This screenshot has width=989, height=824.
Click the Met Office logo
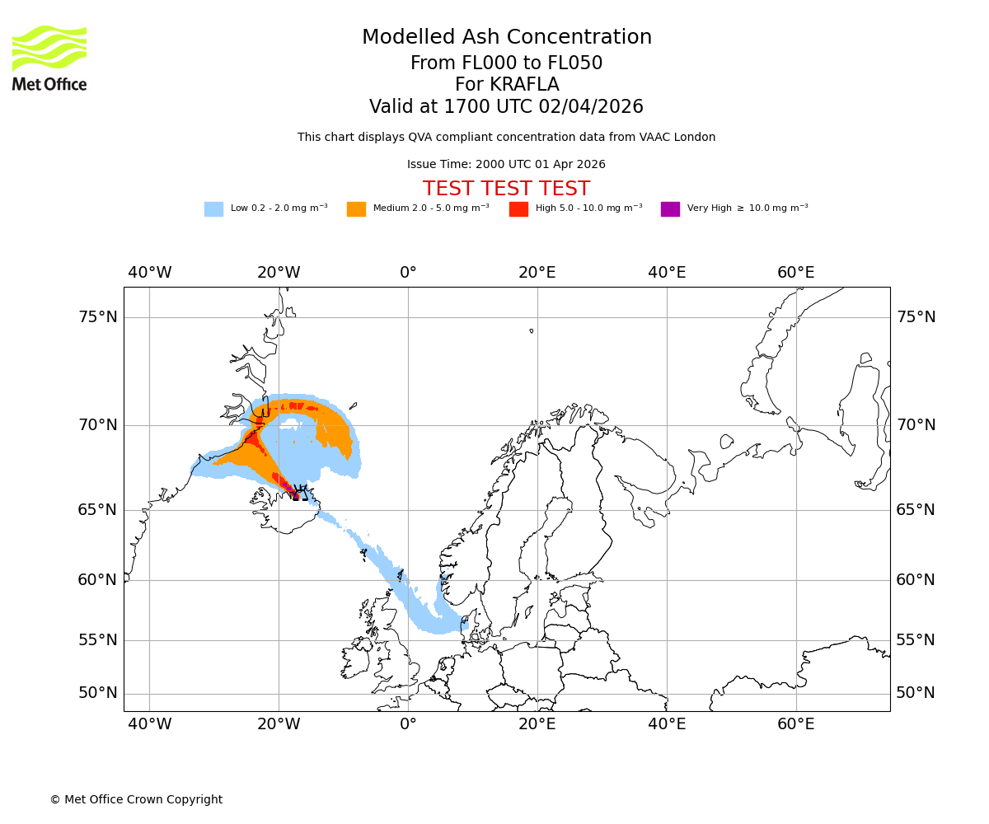coord(49,58)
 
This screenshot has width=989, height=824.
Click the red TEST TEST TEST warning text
coord(506,189)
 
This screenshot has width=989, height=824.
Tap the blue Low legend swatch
coord(213,208)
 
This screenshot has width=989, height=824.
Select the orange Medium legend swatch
coord(356,208)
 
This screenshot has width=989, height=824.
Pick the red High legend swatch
coord(518,208)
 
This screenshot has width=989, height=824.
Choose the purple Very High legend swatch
coord(670,208)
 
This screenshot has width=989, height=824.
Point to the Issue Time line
coord(506,164)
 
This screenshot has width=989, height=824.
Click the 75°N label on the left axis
coord(98,317)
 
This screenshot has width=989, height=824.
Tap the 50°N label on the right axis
coord(916,693)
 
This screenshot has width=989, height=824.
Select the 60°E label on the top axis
coord(795,273)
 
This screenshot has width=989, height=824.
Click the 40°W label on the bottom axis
coord(149,724)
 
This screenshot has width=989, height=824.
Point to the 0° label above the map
coord(408,273)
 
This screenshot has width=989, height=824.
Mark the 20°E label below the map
coord(537,724)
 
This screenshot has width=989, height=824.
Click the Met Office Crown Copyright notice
coord(136,799)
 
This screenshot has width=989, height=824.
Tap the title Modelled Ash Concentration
coord(506,37)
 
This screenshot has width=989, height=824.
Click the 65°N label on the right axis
coord(916,510)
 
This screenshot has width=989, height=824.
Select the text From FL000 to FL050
coord(506,63)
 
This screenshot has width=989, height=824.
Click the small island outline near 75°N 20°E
coord(531,330)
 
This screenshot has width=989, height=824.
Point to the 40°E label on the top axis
coord(666,273)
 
